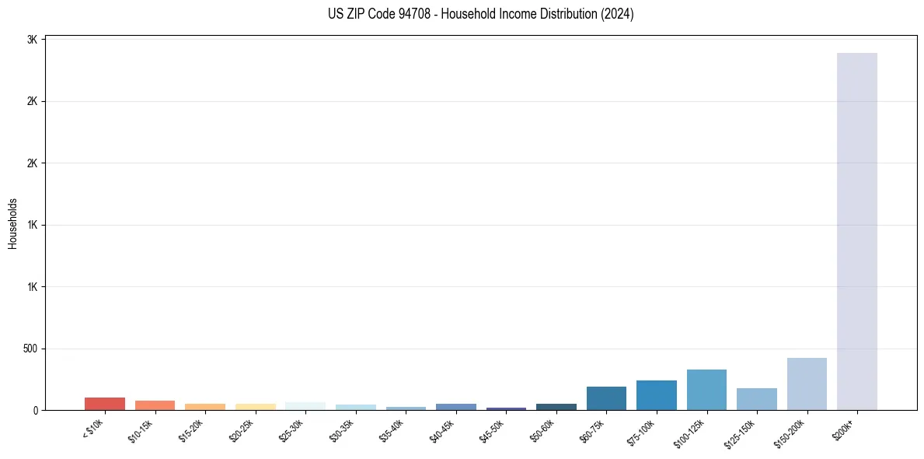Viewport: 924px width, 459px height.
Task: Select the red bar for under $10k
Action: [105, 404]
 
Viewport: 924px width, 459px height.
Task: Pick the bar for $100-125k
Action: [706, 390]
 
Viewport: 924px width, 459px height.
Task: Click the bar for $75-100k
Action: [657, 395]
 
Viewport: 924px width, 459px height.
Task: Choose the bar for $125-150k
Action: [756, 399]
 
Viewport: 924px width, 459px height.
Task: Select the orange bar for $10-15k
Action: [155, 405]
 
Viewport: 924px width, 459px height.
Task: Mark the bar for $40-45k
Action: [456, 407]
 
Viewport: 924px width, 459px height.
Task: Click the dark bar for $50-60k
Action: [556, 407]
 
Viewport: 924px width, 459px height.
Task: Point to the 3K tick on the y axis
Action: [33, 40]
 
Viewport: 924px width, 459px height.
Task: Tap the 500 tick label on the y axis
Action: [30, 349]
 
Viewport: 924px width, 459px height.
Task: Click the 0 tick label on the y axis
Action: [36, 410]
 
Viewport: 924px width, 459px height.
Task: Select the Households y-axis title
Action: [13, 223]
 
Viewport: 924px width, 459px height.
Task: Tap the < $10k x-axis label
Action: [93, 429]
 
